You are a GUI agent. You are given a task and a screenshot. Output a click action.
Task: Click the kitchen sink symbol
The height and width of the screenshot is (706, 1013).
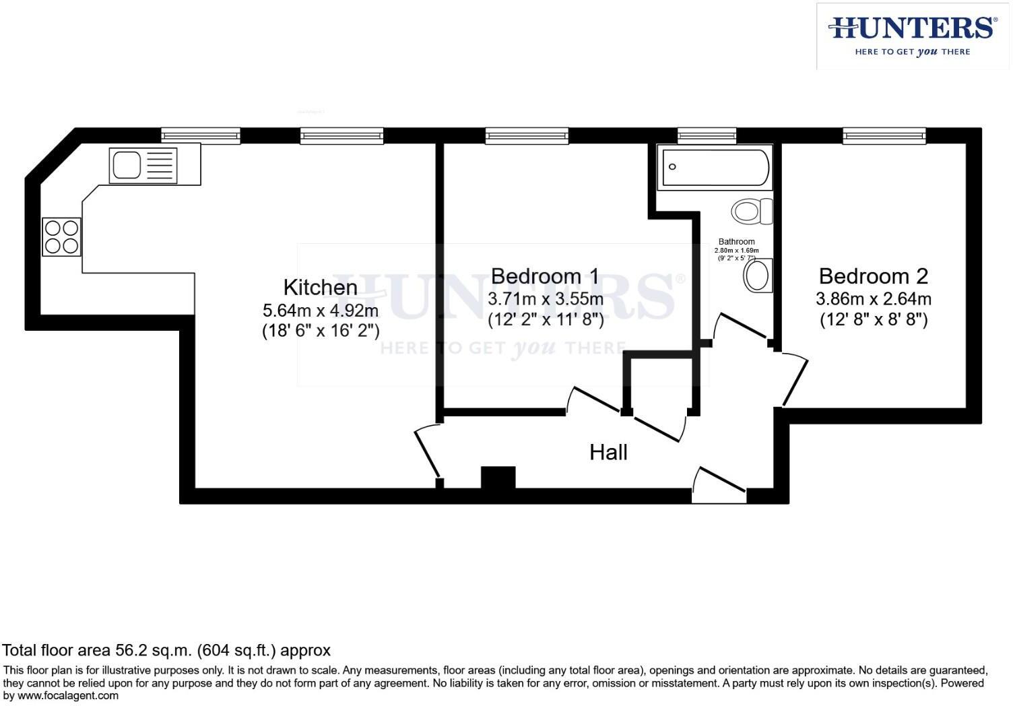(x=143, y=166)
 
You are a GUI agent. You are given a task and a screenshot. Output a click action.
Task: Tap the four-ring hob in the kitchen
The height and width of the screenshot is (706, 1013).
(x=61, y=237)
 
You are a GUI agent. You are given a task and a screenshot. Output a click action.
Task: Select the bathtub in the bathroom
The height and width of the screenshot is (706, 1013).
(x=715, y=168)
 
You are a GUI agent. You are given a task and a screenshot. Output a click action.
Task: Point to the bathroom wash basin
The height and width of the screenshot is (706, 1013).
(x=758, y=276)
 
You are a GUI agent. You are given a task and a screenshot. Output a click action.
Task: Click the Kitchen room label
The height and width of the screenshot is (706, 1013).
(x=320, y=287)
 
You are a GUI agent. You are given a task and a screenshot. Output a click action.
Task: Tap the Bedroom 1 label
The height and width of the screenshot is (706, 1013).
(x=545, y=276)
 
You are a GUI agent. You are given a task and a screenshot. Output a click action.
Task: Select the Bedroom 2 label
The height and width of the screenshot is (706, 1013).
(x=873, y=276)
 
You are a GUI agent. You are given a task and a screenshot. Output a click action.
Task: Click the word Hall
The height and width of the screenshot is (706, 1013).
(x=608, y=452)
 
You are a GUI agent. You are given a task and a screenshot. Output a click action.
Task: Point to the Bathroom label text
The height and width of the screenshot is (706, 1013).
(x=736, y=241)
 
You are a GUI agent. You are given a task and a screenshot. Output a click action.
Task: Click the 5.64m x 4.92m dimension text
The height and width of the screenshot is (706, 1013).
(x=320, y=311)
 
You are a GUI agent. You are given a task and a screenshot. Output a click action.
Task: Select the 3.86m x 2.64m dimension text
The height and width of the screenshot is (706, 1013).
(x=873, y=298)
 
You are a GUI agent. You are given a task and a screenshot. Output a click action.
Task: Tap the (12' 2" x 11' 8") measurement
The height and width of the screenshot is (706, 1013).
(x=545, y=319)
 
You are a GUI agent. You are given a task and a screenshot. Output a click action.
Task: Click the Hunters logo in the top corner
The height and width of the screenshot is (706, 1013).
(x=912, y=36)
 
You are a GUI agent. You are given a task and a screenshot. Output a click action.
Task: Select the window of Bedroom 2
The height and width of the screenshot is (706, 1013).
(x=884, y=136)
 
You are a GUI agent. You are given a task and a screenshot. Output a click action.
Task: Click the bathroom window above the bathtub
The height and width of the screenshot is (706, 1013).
(x=707, y=136)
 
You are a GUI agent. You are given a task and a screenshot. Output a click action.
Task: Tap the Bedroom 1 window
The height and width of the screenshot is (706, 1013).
(x=527, y=136)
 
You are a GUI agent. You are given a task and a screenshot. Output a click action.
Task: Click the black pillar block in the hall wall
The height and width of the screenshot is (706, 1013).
(x=498, y=478)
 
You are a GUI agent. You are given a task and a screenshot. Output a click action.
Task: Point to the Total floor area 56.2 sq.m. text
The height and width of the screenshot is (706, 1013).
(x=166, y=650)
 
